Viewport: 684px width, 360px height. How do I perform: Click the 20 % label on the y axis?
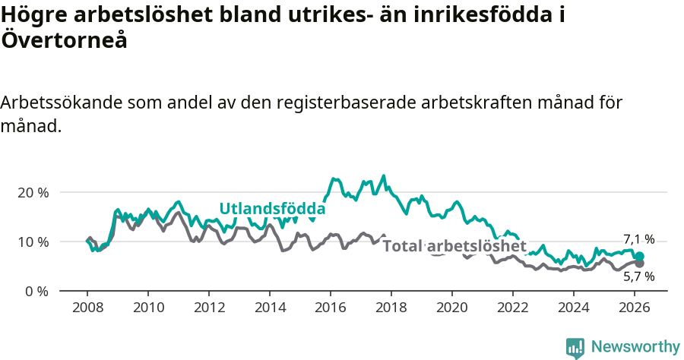coord(33,192)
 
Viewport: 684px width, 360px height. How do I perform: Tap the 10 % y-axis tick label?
coord(33,242)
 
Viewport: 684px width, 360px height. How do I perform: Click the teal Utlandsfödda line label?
coord(272,209)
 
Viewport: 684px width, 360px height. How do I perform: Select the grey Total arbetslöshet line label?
coord(454,246)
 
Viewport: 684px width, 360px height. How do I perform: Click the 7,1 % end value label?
coord(638,239)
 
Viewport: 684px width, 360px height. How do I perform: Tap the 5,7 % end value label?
coord(638,276)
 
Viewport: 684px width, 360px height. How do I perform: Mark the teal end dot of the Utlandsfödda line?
coord(639,257)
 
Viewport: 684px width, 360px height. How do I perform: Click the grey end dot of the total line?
coord(639,263)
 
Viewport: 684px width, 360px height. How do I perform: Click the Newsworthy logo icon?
coord(575,348)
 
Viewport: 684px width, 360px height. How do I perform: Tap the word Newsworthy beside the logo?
coord(635,347)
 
